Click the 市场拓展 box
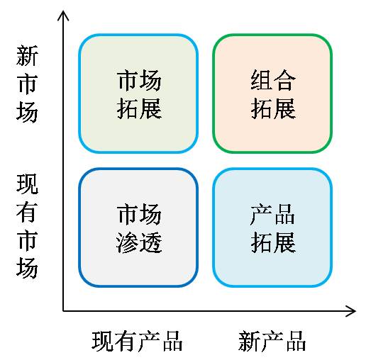pos(138,94)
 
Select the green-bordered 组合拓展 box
pos(272,94)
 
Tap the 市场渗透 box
pos(138,227)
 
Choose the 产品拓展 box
pos(272,227)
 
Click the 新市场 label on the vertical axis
pos(27,84)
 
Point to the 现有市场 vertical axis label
pos(27,226)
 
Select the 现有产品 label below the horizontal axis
pos(137,341)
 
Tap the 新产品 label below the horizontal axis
pos(272,341)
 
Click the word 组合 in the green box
pos(273,80)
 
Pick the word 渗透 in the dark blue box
pos(139,242)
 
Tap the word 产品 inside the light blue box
pos(272,214)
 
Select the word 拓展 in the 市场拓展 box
pos(139,108)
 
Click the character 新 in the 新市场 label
pos(27,56)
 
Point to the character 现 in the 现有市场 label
pos(27,184)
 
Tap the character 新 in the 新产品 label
pos(249,341)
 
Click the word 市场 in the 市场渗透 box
pos(139,214)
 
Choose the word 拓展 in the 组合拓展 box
pos(273,108)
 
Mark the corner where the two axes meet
pos(63,311)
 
